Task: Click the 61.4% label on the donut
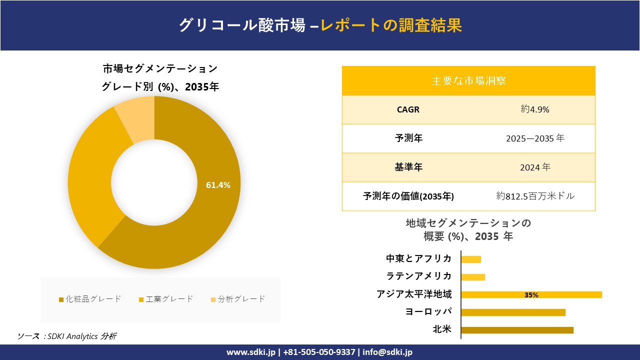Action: point(218,185)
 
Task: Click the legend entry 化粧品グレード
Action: point(90,299)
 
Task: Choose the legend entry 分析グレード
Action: point(238,299)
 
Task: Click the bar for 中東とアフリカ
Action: point(471,259)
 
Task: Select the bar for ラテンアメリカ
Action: point(473,277)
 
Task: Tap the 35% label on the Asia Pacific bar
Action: point(531,295)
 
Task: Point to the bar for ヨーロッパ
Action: point(513,312)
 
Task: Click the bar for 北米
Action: point(517,330)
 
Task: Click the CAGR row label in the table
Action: point(408,110)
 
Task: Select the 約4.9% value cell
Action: point(535,110)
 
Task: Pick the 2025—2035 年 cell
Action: point(535,138)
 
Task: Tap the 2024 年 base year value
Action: point(535,167)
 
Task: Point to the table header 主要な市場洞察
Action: point(468,81)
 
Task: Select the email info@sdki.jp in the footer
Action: point(388,352)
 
